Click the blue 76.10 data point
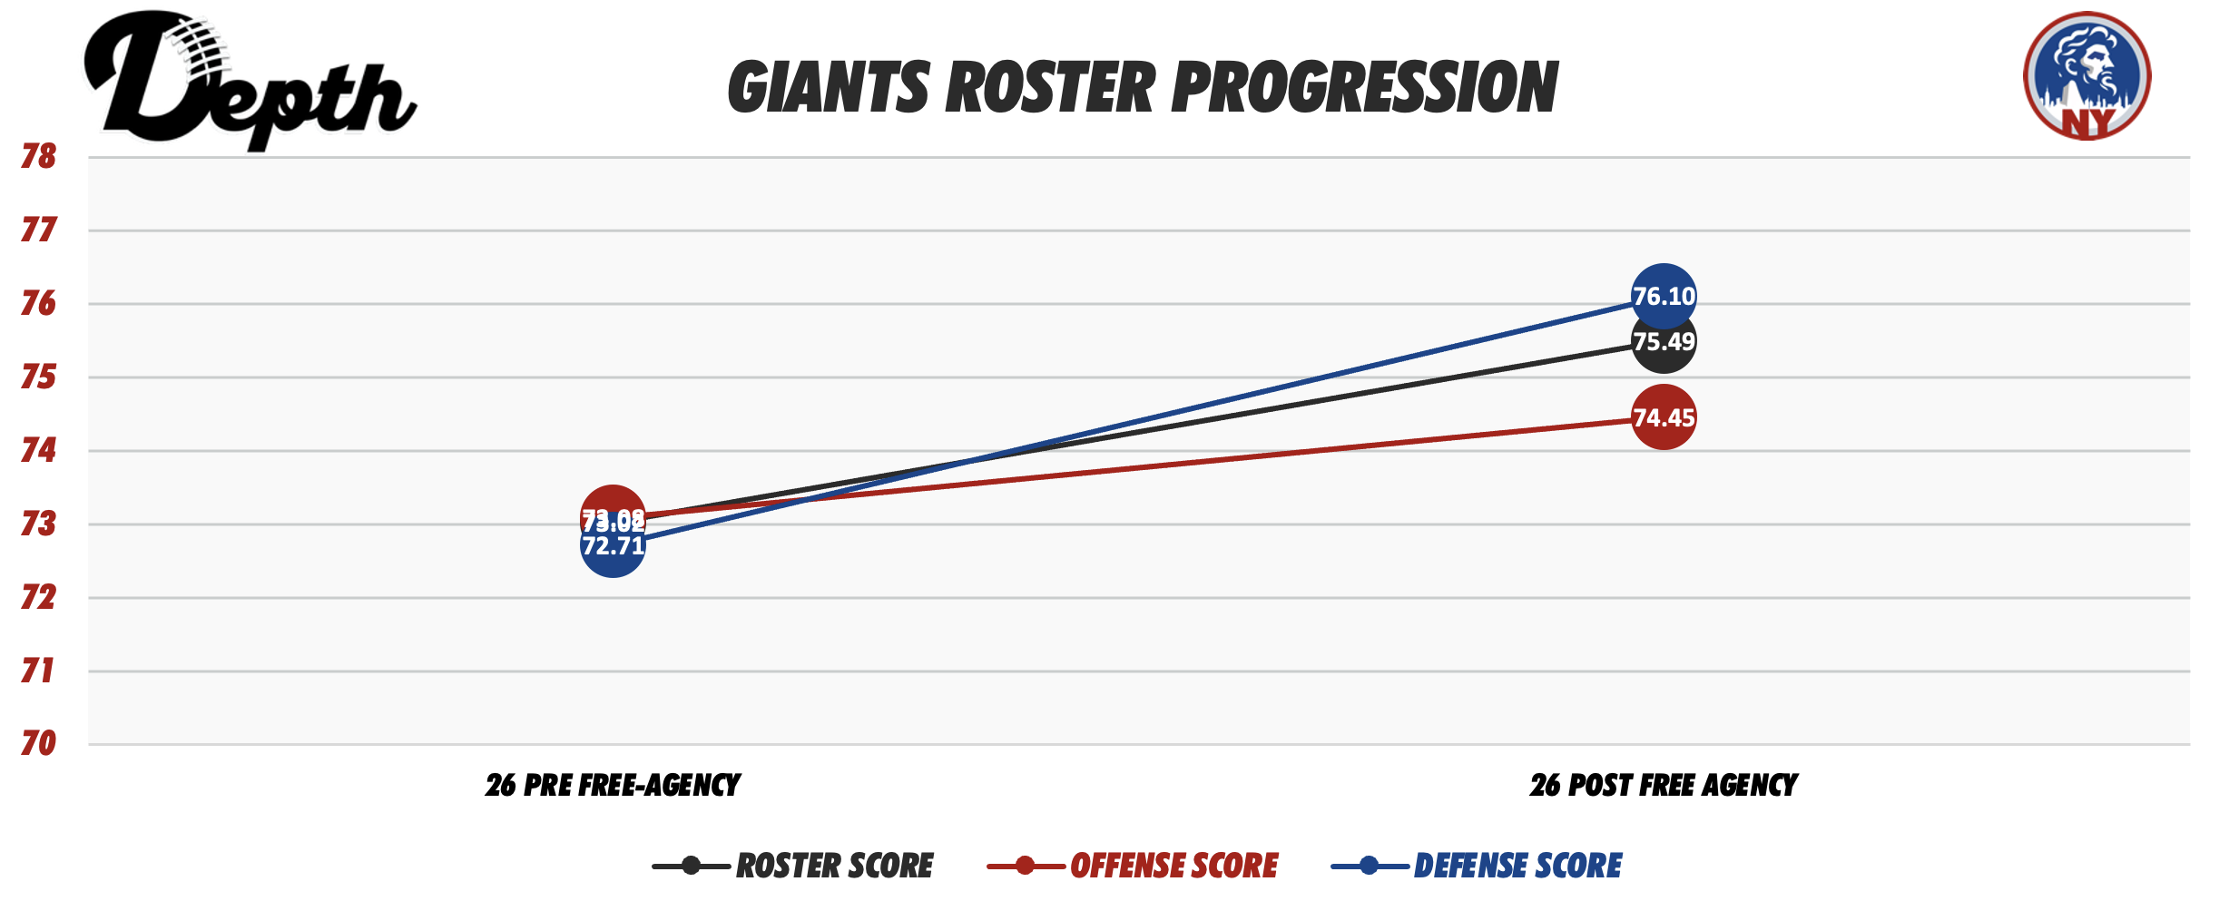1663,296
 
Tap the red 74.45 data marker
1663,417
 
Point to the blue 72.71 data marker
613,552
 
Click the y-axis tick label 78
38,157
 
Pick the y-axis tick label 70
38,744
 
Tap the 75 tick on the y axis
38,377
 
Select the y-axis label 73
38,524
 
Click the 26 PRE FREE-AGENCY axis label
613,785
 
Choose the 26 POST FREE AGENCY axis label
1663,785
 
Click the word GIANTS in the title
829,88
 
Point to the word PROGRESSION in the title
1364,88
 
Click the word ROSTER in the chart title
1051,88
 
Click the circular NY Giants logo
2087,75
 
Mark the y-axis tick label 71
38,671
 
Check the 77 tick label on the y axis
38,230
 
